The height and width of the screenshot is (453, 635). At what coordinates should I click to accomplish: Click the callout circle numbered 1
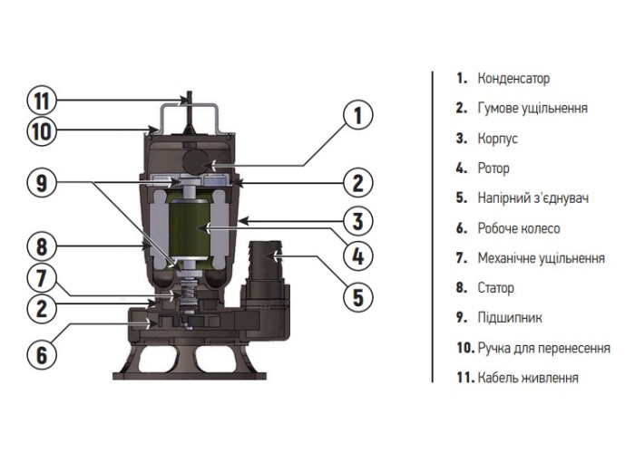point(357,116)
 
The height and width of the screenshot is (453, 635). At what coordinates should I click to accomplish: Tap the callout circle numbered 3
point(357,220)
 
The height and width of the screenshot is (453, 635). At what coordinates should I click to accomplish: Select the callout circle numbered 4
point(357,256)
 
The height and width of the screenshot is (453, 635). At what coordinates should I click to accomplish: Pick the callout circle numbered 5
point(357,295)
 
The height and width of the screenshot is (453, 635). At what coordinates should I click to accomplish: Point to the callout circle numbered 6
point(41,354)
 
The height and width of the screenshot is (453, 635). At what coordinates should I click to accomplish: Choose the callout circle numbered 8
point(41,245)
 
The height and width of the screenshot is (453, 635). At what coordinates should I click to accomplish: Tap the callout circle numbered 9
point(41,184)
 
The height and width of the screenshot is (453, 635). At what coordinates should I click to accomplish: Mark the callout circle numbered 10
point(41,132)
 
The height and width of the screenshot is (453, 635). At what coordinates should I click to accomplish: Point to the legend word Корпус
point(497,139)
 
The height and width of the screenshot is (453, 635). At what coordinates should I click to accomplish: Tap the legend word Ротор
point(493,169)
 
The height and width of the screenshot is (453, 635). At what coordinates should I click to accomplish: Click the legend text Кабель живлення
point(528,378)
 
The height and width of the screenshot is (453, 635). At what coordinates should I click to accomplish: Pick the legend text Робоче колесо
point(519,228)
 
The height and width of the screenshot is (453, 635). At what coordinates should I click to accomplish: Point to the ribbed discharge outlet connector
point(265,259)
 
